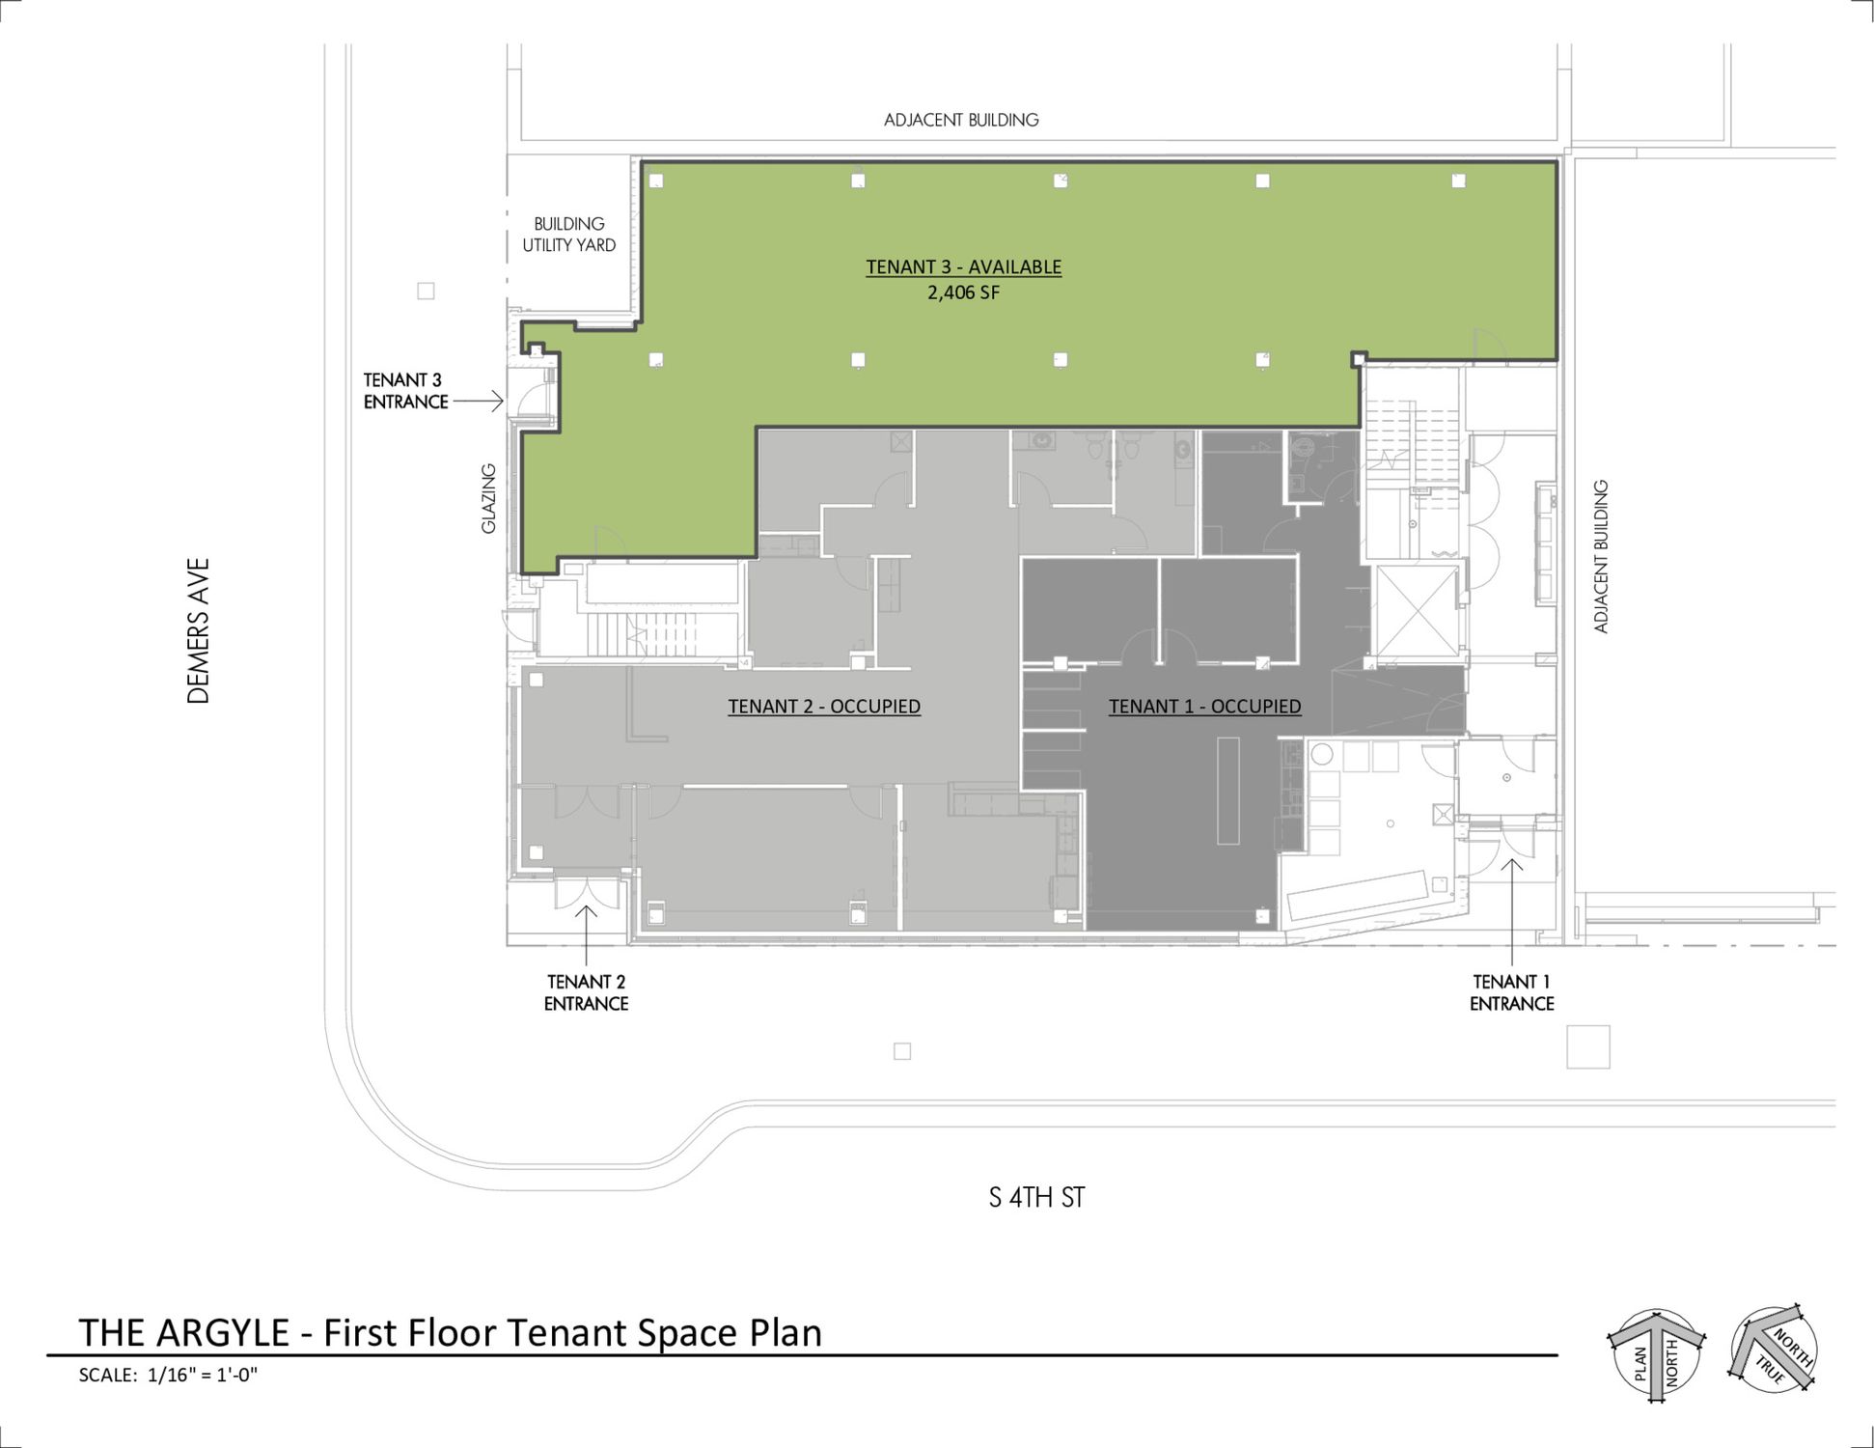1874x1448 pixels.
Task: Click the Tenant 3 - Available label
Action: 963,267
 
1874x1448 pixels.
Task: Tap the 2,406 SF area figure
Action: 963,292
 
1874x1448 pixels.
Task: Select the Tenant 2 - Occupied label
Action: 824,707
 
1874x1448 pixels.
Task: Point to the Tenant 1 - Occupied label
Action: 1204,707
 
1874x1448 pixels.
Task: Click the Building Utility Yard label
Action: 569,235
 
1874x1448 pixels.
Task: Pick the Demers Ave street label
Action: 199,631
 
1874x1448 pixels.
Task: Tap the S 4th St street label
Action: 1036,1198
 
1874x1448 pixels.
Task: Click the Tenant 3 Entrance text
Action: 406,391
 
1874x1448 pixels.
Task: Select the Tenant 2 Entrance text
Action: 586,992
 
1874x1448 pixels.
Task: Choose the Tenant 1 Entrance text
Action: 1511,992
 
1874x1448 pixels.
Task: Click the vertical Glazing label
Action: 489,498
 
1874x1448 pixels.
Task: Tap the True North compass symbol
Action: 1774,1348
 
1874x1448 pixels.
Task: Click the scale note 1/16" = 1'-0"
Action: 203,1375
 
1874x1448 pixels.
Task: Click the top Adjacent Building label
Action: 961,120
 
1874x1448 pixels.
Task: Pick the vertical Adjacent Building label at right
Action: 1602,556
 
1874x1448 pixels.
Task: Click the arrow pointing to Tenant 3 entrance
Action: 479,400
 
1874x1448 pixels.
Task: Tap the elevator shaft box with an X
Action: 1417,611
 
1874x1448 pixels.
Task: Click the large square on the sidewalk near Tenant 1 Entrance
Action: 1588,1046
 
